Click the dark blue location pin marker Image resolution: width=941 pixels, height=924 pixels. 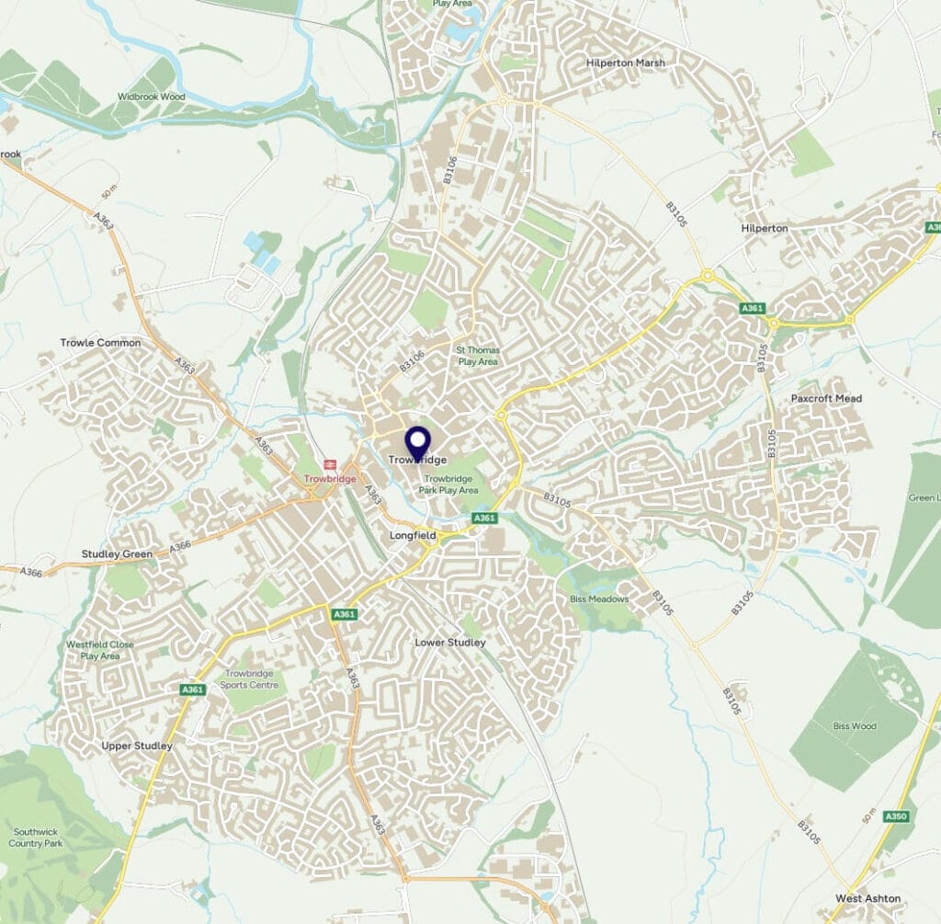pyautogui.click(x=418, y=442)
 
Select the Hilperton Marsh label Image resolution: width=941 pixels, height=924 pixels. pyautogui.click(x=625, y=63)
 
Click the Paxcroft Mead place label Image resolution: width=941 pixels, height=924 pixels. pyautogui.click(x=826, y=398)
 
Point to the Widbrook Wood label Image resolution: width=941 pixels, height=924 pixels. pyautogui.click(x=151, y=97)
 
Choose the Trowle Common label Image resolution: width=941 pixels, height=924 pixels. pyautogui.click(x=101, y=343)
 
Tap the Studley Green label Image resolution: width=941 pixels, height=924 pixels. pyautogui.click(x=117, y=553)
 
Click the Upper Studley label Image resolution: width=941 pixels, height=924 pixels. pyautogui.click(x=137, y=746)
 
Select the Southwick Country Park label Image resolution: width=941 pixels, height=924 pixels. pyautogui.click(x=36, y=837)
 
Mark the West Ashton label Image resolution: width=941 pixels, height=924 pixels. pyautogui.click(x=868, y=897)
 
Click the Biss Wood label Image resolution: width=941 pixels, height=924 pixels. pyautogui.click(x=855, y=726)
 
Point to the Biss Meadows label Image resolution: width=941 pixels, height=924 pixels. pyautogui.click(x=597, y=599)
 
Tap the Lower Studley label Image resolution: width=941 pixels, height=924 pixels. pyautogui.click(x=450, y=642)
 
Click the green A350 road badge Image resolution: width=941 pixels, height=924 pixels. pyautogui.click(x=894, y=816)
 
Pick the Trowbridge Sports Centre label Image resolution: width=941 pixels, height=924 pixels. pyautogui.click(x=250, y=679)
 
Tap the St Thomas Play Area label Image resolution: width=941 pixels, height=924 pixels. pyautogui.click(x=477, y=356)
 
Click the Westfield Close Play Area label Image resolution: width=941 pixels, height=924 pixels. pyautogui.click(x=100, y=650)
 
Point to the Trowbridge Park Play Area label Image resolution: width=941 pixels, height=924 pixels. pyautogui.click(x=448, y=485)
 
